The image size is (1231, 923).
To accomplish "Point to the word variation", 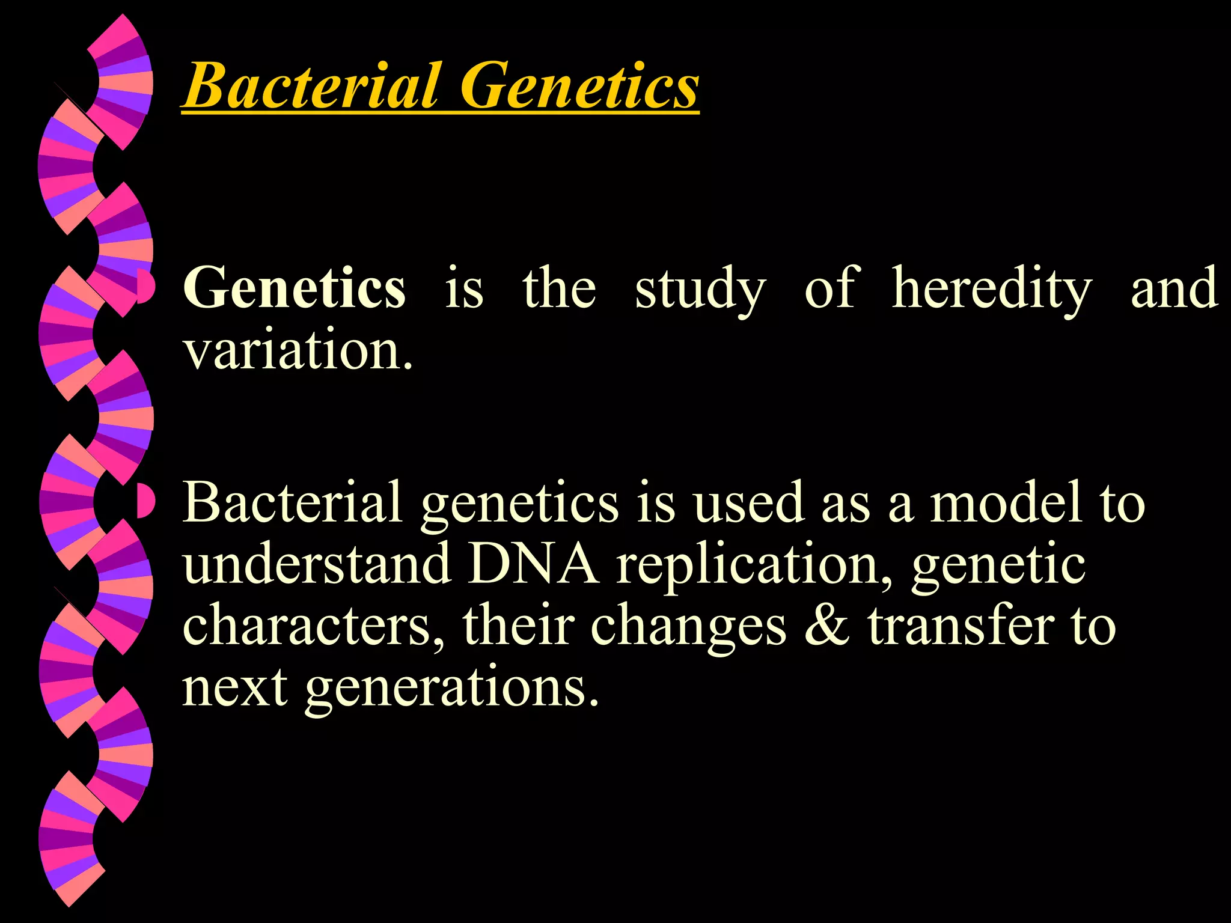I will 298,350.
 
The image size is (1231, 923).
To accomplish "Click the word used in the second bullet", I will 748,504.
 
